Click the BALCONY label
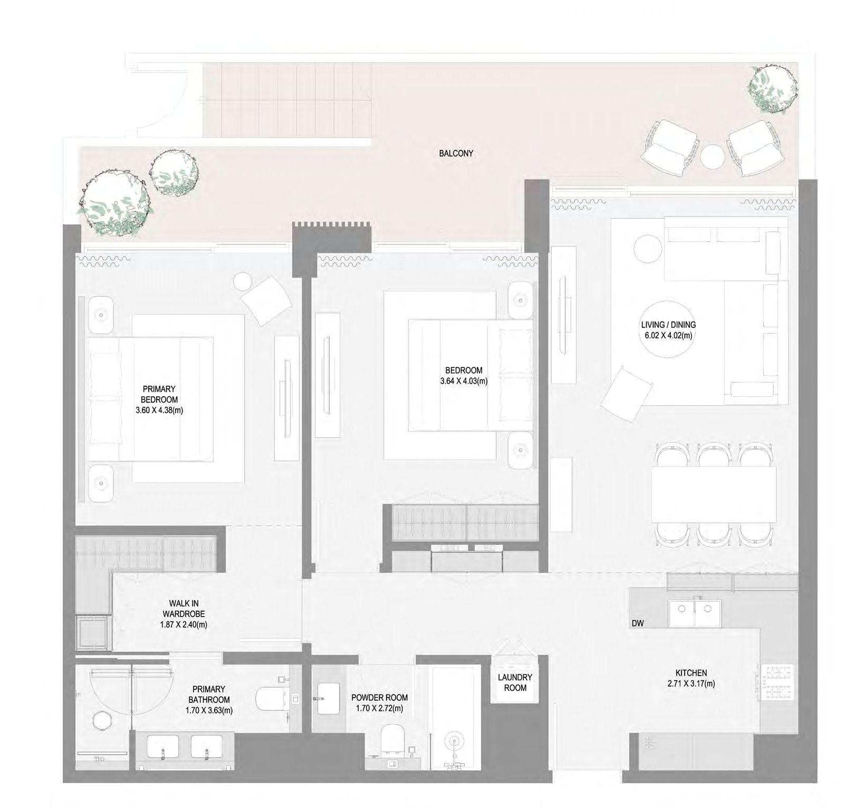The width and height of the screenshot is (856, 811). (456, 154)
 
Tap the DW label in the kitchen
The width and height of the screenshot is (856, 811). (638, 623)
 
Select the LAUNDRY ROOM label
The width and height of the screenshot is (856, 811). (515, 682)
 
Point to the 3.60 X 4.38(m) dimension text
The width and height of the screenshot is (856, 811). (159, 410)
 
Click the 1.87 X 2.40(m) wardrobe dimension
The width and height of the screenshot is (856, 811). (184, 624)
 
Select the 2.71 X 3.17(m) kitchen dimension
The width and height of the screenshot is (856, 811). (691, 684)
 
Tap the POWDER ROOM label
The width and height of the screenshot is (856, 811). (379, 697)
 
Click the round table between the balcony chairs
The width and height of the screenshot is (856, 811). (714, 157)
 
